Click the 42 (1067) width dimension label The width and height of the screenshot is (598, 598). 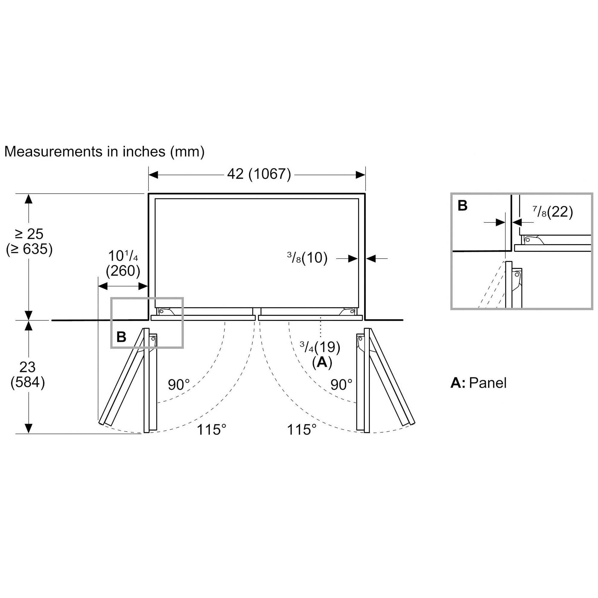tap(259, 174)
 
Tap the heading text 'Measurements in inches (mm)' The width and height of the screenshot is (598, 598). tap(104, 152)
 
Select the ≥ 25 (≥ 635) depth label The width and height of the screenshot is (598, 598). tap(29, 242)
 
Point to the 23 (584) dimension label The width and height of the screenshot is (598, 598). tap(28, 375)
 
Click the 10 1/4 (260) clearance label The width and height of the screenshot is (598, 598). tap(123, 264)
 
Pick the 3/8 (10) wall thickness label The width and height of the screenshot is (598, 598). tap(307, 257)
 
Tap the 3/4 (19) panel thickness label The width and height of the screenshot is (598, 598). tap(320, 347)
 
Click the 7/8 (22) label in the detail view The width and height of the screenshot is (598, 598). tap(553, 212)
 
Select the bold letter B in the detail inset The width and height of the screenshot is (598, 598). tap(463, 205)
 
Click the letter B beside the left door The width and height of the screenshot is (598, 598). tap(121, 337)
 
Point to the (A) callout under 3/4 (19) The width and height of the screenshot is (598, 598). tap(322, 362)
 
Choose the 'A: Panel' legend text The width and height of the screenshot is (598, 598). tap(478, 383)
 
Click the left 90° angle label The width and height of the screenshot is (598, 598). tap(179, 385)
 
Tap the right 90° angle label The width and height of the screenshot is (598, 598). tap(341, 385)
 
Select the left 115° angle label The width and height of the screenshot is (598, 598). tap(211, 430)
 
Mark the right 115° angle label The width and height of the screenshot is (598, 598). tap(302, 430)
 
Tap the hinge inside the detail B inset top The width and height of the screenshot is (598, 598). tap(533, 240)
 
